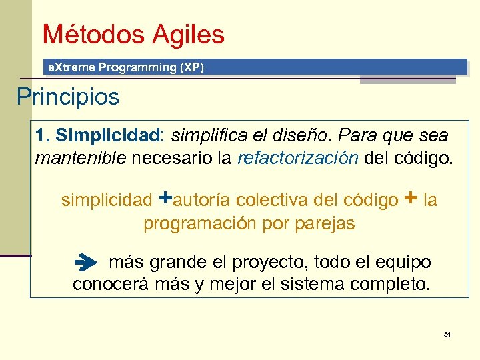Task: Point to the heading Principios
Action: (68, 97)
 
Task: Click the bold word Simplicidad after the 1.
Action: (109, 136)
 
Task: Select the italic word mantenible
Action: (81, 159)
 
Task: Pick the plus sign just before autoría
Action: (167, 199)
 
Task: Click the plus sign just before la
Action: (411, 199)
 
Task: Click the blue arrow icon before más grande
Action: (85, 263)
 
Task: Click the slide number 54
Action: (447, 333)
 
